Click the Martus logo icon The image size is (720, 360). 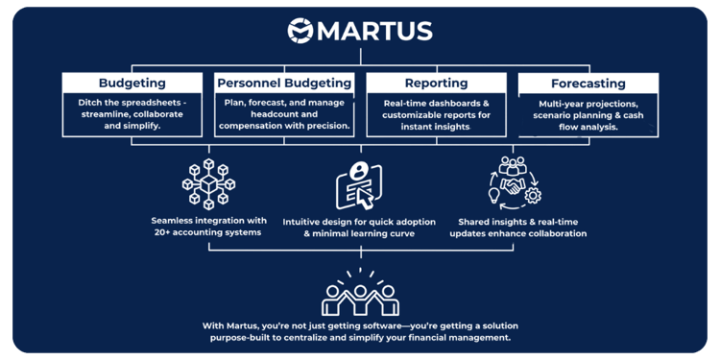point(300,31)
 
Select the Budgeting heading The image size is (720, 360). point(132,83)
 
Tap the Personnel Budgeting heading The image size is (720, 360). point(284,83)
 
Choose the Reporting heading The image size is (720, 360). point(436,83)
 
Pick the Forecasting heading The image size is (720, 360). point(588,84)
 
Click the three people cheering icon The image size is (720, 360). point(361,294)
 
